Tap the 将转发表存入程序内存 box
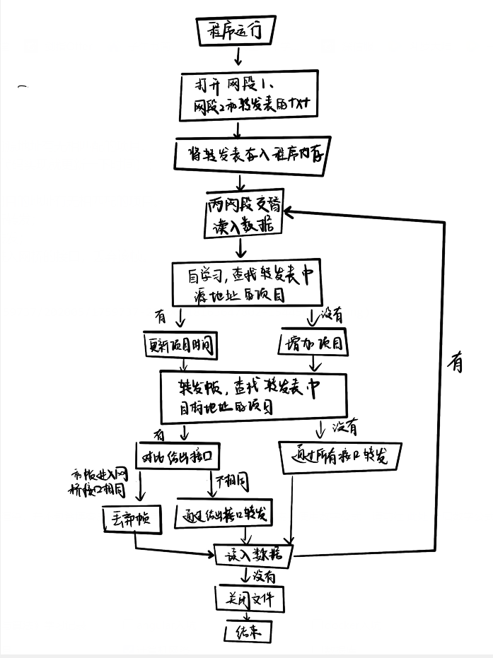(251, 155)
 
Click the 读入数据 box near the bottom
(253, 556)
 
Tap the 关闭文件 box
(249, 600)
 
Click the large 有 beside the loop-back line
(456, 363)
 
